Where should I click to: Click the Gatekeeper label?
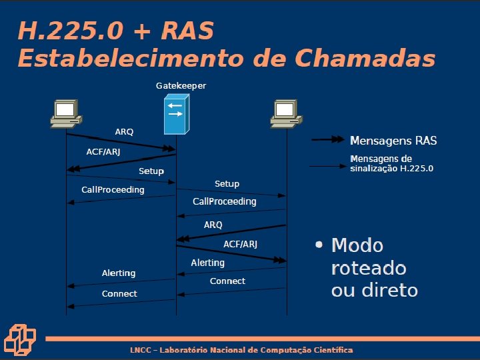181,86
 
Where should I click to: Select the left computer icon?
65,114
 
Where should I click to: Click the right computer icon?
285,114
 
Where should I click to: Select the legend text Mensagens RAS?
393,141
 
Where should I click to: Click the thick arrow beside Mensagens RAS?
329,141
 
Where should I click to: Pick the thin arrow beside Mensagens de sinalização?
329,166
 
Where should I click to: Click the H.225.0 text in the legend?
417,169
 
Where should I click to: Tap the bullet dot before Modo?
319,245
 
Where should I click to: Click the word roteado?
369,268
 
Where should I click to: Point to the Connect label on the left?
119,294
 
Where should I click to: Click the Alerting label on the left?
119,273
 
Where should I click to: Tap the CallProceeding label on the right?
224,201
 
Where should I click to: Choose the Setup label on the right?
227,183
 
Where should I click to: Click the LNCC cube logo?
21,339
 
